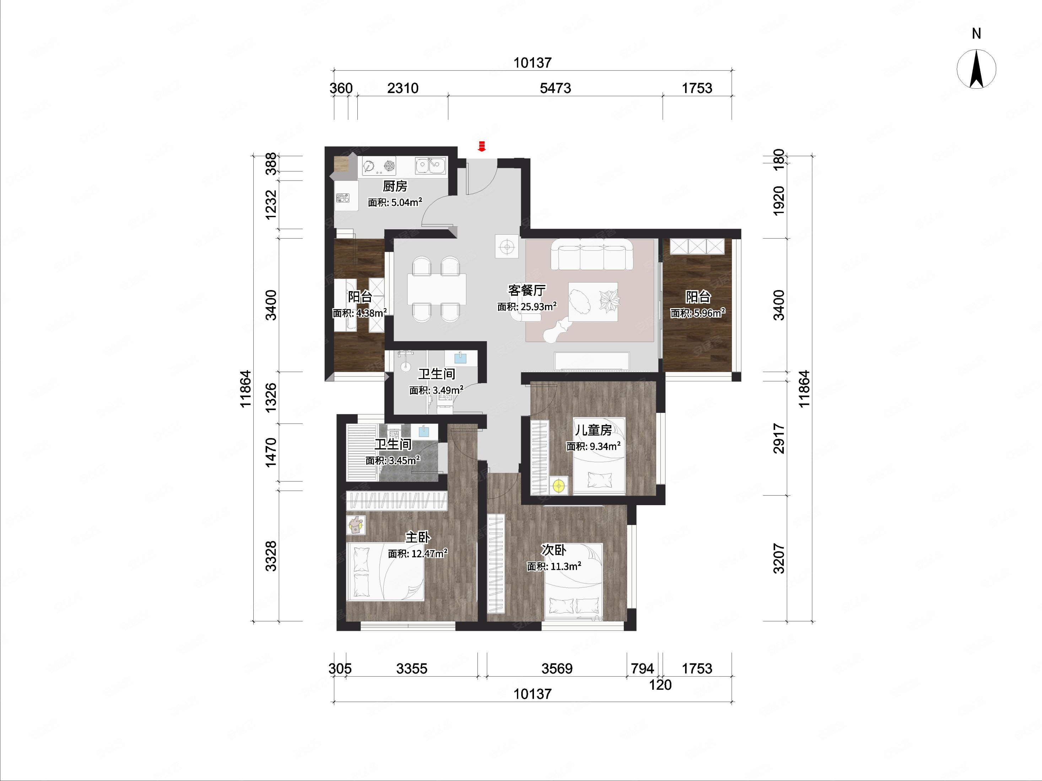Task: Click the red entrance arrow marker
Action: coord(481,146)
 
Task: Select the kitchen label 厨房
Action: coord(395,186)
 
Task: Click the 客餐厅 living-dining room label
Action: coord(527,290)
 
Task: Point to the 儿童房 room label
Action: coord(593,430)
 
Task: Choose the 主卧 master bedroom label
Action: coord(418,537)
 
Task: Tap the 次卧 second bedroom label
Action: coord(554,550)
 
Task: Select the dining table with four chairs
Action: coord(437,289)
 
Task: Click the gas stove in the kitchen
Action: coord(379,166)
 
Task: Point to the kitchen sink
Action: coord(430,165)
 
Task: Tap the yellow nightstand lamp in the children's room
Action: coord(559,486)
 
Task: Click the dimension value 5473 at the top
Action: coord(555,88)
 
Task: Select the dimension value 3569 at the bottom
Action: coord(557,668)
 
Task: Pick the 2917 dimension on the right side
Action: coord(779,438)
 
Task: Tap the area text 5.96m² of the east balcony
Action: coord(709,313)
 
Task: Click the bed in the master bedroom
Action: coord(385,571)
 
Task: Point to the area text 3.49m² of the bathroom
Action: coord(448,390)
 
